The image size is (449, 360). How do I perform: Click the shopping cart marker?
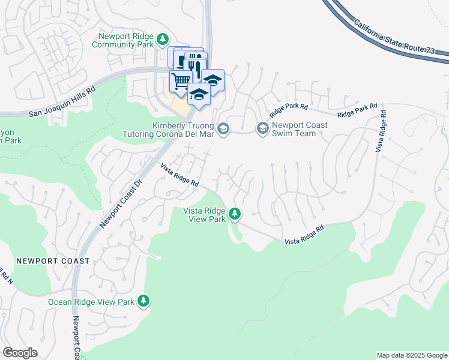click(x=179, y=80)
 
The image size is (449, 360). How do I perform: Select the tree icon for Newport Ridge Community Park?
click(x=162, y=40)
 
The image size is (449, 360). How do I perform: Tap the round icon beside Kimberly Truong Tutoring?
click(x=223, y=128)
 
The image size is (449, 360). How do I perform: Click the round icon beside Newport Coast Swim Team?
click(x=262, y=128)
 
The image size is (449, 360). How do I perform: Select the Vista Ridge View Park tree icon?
click(x=235, y=213)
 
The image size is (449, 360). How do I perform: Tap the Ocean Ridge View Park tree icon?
click(x=143, y=301)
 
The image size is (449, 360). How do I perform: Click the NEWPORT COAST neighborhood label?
click(x=53, y=261)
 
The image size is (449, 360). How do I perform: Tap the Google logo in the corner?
click(x=20, y=353)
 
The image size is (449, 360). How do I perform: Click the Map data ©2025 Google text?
click(x=412, y=355)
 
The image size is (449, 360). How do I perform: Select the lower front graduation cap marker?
click(x=199, y=94)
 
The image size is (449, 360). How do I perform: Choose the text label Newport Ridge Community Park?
click(x=124, y=40)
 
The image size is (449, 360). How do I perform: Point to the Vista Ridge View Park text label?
click(x=204, y=214)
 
